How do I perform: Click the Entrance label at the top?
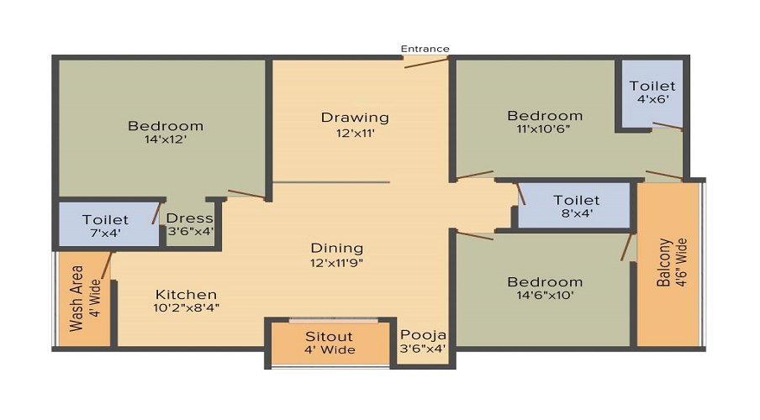pos(425,49)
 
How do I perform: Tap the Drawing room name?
pos(355,117)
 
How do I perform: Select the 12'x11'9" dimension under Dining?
pos(337,262)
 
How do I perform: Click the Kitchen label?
pos(186,294)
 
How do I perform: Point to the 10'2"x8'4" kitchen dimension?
pos(187,307)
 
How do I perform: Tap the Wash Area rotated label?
pos(77,299)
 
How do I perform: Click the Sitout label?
pos(330,336)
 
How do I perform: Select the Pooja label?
pos(423,334)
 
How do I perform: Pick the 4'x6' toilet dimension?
pos(652,99)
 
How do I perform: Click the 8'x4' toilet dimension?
pos(576,213)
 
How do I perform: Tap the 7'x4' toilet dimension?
pos(105,234)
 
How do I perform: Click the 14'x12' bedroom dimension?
pos(165,139)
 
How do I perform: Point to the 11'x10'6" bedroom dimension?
pos(545,129)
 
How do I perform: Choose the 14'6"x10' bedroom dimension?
pos(544,296)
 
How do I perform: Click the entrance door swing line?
pos(425,62)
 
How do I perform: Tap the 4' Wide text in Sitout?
pos(330,349)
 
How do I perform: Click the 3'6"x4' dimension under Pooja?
pos(423,348)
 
